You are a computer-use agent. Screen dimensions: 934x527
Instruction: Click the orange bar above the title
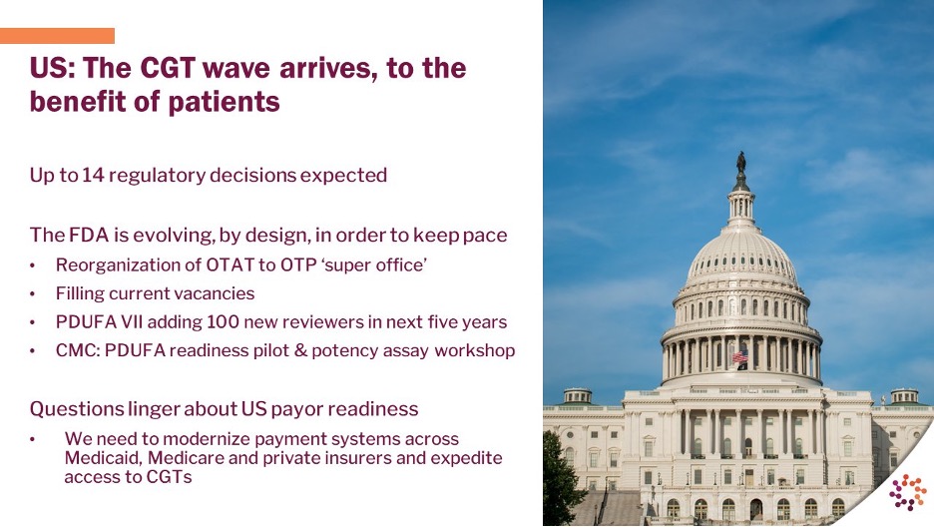click(x=57, y=36)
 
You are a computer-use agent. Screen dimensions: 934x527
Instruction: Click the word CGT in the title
click(x=168, y=67)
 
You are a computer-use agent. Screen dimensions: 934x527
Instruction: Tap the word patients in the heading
click(x=224, y=102)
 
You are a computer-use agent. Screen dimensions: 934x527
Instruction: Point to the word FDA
click(x=89, y=235)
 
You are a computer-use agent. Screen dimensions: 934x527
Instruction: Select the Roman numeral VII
click(x=132, y=322)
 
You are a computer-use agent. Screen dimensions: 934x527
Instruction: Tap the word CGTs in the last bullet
click(x=170, y=477)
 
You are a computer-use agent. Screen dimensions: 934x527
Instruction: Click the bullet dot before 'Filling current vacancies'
click(x=33, y=294)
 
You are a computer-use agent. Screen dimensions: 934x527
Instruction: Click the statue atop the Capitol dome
click(x=741, y=163)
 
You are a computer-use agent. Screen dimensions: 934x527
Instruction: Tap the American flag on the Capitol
click(x=739, y=356)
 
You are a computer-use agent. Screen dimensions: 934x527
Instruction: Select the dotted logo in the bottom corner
click(x=908, y=492)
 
